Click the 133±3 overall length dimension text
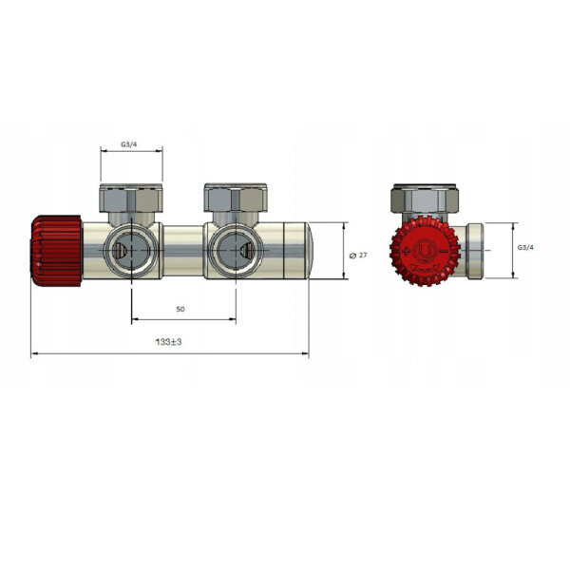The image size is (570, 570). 168,342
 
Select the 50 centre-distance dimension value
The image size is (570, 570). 180,310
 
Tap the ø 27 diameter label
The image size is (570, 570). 359,255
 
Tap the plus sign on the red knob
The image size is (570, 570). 406,251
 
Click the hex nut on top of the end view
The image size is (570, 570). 426,200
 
